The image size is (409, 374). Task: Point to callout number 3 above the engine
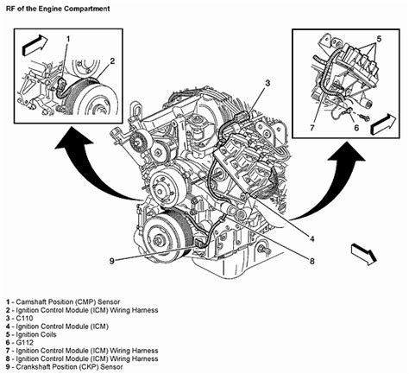click(x=268, y=83)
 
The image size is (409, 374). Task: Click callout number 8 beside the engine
click(x=311, y=257)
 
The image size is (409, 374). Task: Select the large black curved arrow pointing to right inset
click(x=319, y=173)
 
